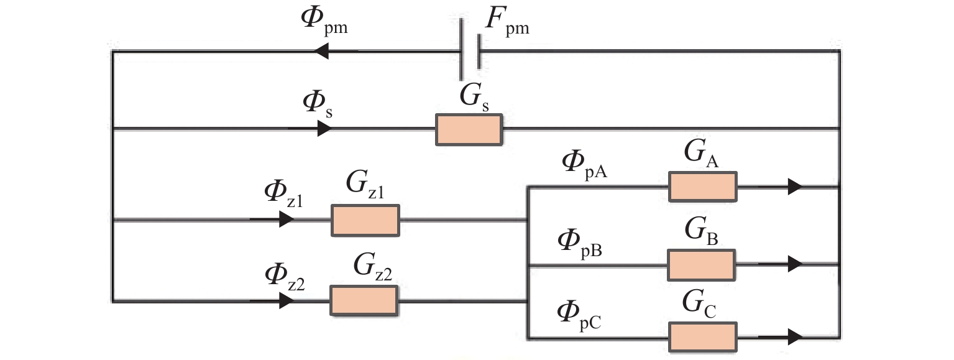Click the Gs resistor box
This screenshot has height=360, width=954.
(469, 130)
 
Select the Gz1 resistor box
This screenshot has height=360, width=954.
(365, 220)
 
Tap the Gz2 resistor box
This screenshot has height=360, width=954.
(364, 301)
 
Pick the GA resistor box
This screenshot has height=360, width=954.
(702, 187)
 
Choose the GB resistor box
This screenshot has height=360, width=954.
(701, 265)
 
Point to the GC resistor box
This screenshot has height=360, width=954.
(702, 338)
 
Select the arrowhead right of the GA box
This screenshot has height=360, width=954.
(794, 187)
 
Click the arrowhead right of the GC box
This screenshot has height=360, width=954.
(794, 338)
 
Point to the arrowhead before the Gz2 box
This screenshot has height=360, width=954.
(286, 301)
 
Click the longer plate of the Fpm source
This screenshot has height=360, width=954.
(461, 50)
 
